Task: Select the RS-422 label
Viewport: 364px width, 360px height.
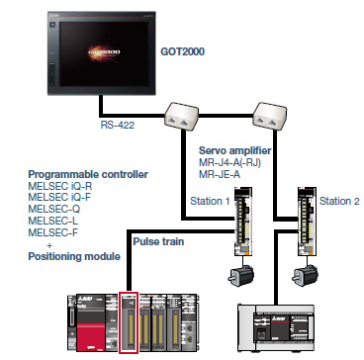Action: pyautogui.click(x=120, y=126)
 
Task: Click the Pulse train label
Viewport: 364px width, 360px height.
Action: pyautogui.click(x=158, y=239)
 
